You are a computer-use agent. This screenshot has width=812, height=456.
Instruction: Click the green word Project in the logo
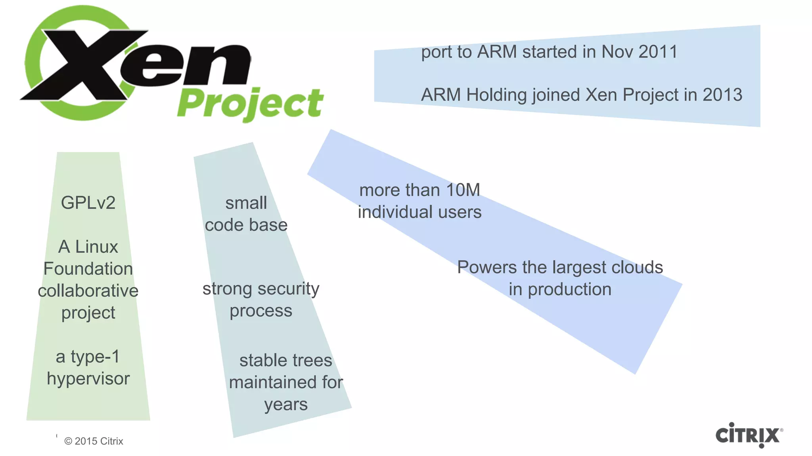tap(251, 104)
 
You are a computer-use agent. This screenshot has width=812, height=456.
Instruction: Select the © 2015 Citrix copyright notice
tap(94, 441)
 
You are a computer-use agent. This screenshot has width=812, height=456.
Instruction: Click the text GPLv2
tap(88, 203)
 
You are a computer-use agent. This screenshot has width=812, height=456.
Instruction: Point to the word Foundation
tap(88, 269)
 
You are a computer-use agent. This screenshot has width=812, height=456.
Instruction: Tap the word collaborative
tap(88, 291)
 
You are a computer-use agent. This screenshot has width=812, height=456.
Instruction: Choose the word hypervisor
tap(88, 379)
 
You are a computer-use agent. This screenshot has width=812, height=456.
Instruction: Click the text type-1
tap(95, 357)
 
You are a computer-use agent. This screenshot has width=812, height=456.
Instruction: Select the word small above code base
tap(246, 203)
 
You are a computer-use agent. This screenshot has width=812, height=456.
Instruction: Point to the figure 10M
tap(463, 190)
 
